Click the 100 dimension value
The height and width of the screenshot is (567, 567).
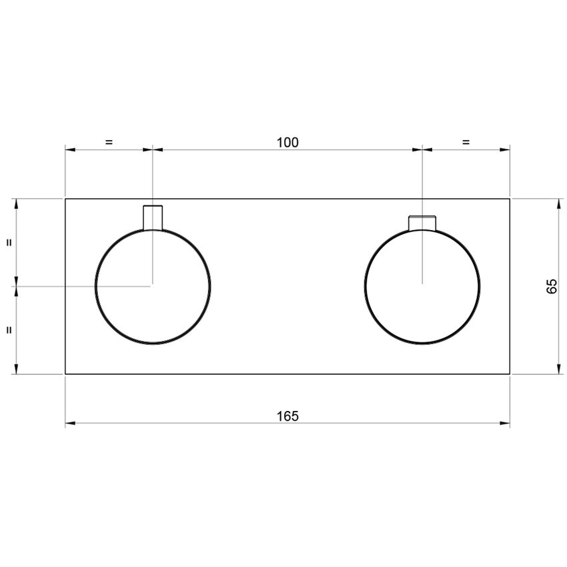pyautogui.click(x=288, y=141)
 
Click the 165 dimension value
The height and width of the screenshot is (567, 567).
pyautogui.click(x=288, y=416)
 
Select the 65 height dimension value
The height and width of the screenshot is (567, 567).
pyautogui.click(x=552, y=286)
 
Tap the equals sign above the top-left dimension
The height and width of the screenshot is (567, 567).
pyautogui.click(x=109, y=141)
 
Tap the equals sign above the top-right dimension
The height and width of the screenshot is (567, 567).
pyautogui.click(x=466, y=141)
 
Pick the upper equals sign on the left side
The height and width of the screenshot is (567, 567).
pyautogui.click(x=9, y=243)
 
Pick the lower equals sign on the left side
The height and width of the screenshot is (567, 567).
pyautogui.click(x=9, y=330)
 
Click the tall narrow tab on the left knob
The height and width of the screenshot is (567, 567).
pyautogui.click(x=153, y=217)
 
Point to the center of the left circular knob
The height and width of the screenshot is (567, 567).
pyautogui.click(x=153, y=286)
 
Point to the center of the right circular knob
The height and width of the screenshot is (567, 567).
pyautogui.click(x=422, y=286)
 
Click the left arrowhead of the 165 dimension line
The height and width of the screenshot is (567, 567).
pyautogui.click(x=69, y=423)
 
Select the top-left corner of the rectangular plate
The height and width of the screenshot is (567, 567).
pyautogui.click(x=65, y=199)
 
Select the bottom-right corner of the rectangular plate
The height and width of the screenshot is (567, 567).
pyautogui.click(x=510, y=374)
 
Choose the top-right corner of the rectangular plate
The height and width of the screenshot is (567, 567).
pyautogui.click(x=510, y=199)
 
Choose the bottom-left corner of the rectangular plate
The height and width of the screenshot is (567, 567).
pyautogui.click(x=65, y=374)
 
